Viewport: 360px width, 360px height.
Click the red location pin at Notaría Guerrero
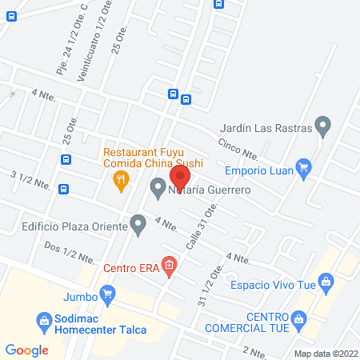tap(180, 175)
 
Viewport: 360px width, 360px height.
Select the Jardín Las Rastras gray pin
tap(322, 126)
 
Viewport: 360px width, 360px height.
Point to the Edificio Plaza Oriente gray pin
tap(138, 226)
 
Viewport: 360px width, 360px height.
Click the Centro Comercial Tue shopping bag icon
tap(298, 320)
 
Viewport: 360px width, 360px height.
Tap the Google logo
tap(27, 350)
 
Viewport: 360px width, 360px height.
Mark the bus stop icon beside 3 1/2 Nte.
tap(64, 190)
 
